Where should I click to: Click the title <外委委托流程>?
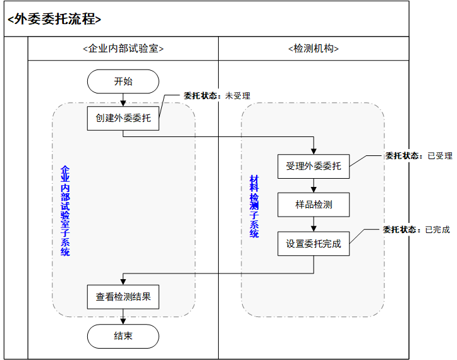click(x=54, y=19)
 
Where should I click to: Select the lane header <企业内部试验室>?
click(x=123, y=49)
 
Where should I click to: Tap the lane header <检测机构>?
click(x=314, y=49)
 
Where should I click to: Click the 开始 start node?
click(x=123, y=81)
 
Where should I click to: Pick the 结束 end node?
click(x=123, y=336)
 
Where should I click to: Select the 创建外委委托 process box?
click(x=123, y=118)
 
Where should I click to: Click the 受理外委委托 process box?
click(x=314, y=166)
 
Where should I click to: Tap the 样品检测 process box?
click(x=314, y=205)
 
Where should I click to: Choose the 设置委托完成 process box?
click(x=314, y=243)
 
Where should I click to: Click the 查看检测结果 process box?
click(x=123, y=296)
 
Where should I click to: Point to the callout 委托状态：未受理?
click(x=217, y=96)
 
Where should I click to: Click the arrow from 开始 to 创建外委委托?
click(x=123, y=100)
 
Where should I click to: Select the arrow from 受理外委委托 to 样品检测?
click(x=314, y=185)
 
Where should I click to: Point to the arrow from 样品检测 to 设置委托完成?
click(x=314, y=224)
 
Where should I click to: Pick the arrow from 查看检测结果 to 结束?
click(x=123, y=316)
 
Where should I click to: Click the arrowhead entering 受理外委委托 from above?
click(x=314, y=150)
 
